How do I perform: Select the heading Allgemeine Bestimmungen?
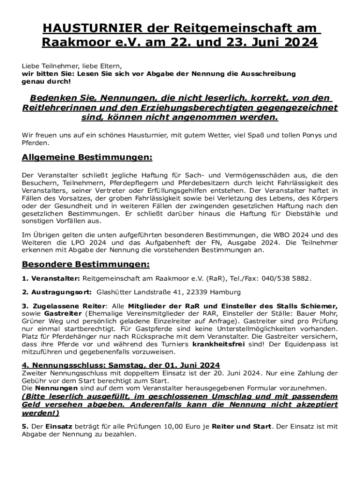[x=87, y=158]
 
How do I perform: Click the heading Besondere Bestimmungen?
[x=86, y=264]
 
